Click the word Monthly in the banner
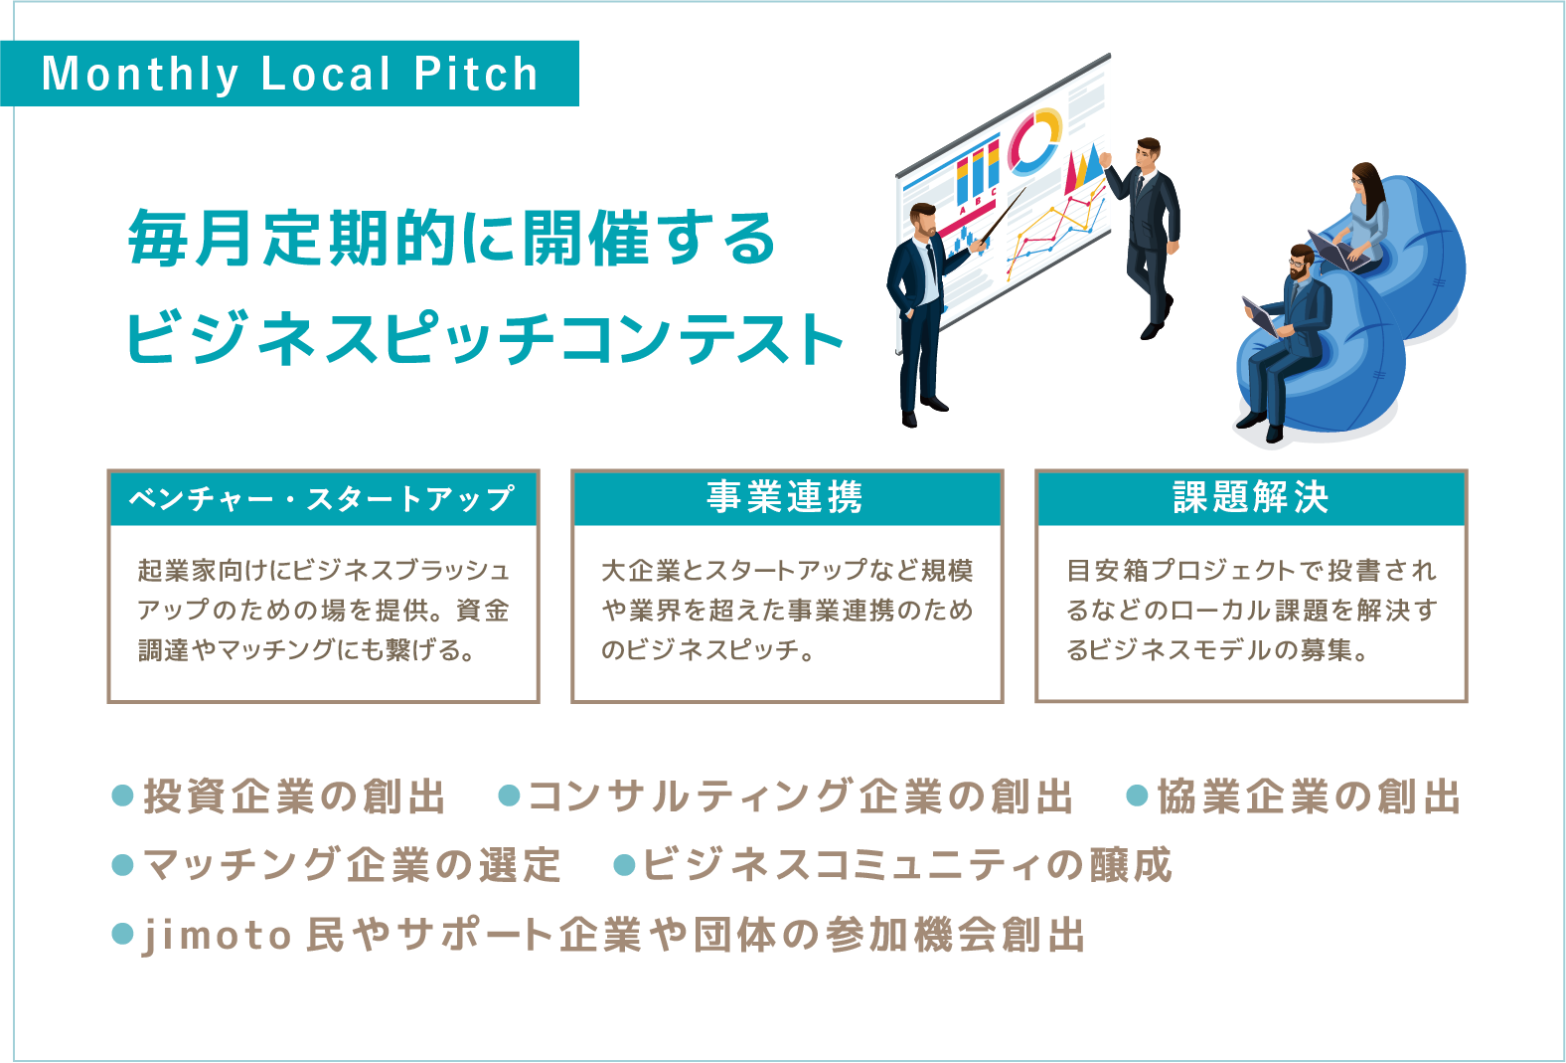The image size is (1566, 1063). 140,75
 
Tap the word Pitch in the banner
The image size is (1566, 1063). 476,73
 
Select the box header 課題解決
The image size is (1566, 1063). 1251,497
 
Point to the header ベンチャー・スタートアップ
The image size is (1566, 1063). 322,499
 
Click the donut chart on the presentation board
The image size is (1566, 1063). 1034,140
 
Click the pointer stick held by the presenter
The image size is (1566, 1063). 1003,216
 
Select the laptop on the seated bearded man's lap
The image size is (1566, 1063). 1261,316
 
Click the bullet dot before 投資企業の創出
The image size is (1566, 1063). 122,796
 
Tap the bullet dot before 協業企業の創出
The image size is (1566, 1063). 1138,796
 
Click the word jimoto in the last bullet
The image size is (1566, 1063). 217,937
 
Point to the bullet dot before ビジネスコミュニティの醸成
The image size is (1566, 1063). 624,865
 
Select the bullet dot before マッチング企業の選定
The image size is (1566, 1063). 122,865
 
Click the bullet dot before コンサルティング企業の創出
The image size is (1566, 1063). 509,796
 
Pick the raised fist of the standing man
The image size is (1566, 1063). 1105,159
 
